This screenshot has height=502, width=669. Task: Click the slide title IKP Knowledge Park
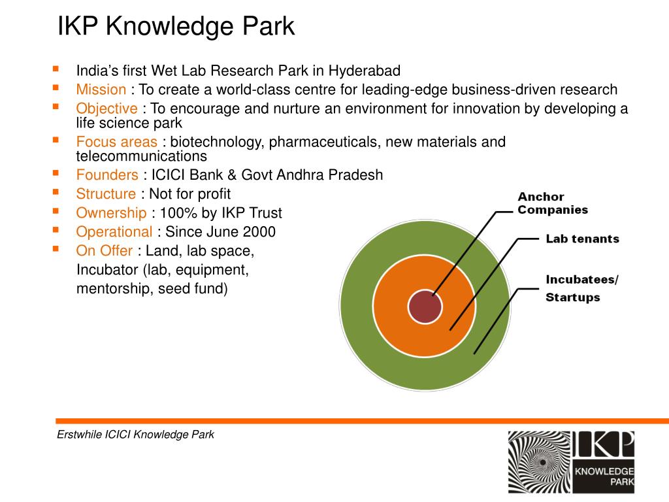click(176, 27)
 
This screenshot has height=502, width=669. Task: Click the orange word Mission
click(101, 90)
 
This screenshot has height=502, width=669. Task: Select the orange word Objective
click(106, 109)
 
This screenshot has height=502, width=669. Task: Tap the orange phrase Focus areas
click(116, 142)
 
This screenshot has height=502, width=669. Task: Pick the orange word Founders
click(107, 175)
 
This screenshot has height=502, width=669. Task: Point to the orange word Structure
click(106, 193)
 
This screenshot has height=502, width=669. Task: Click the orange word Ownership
click(111, 212)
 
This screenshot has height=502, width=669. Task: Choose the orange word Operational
click(114, 231)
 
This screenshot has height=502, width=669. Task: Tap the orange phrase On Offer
click(105, 250)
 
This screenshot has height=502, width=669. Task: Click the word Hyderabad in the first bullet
click(364, 71)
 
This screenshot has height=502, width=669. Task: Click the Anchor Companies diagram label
click(552, 203)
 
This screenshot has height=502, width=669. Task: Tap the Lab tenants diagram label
click(582, 239)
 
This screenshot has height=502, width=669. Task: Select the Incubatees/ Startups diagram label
click(581, 288)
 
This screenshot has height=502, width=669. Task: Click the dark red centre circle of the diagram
click(425, 307)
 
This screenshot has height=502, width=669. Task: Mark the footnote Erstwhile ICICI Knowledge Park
click(135, 435)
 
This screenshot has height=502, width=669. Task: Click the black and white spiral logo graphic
click(540, 462)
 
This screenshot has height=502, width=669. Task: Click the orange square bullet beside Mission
click(56, 87)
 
